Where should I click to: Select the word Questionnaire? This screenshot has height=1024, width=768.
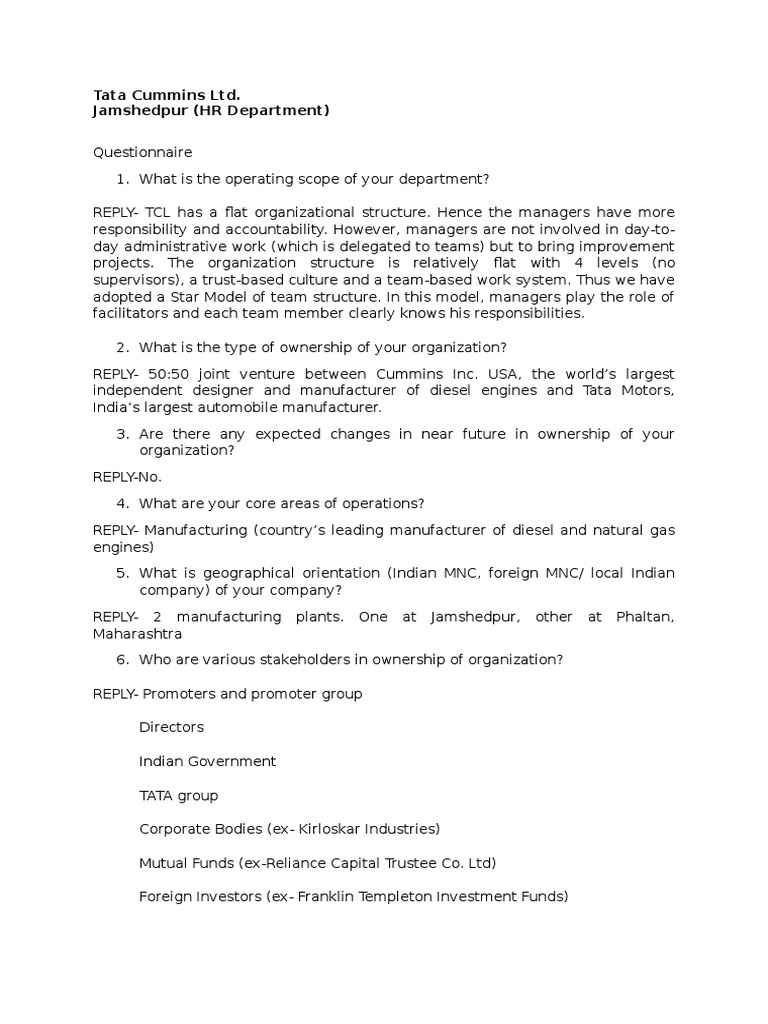(142, 152)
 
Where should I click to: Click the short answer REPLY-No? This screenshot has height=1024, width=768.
(127, 477)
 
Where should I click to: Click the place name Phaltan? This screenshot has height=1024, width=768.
(639, 617)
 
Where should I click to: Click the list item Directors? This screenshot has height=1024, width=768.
(171, 727)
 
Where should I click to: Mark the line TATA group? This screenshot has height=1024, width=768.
(178, 795)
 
